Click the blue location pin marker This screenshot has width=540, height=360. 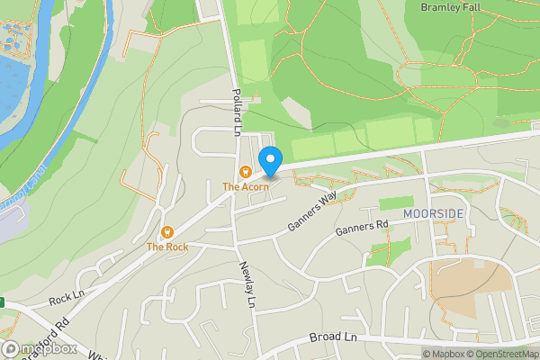[269, 162]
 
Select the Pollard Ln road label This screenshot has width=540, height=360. [237, 112]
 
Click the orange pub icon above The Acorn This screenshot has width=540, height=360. [244, 172]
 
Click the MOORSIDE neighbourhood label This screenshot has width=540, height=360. [434, 213]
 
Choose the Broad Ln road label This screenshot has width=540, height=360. [333, 337]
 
